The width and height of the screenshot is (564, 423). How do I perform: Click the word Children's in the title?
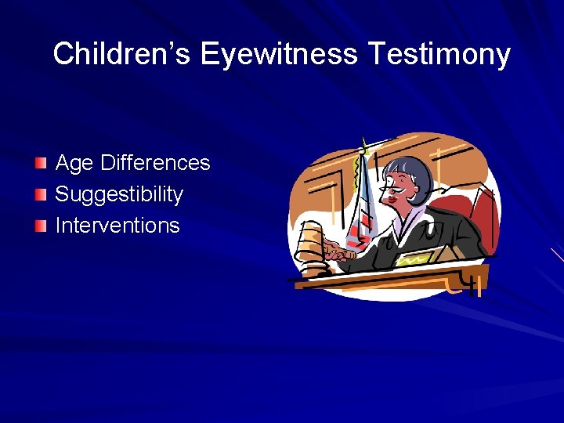click(122, 54)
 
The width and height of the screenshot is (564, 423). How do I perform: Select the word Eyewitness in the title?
click(279, 54)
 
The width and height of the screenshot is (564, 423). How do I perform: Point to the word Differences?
click(155, 163)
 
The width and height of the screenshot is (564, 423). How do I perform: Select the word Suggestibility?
click(119, 194)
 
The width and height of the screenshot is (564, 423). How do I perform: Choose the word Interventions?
click(117, 226)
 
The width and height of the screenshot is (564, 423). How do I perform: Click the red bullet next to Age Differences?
click(41, 164)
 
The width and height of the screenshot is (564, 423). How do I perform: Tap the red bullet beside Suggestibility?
click(41, 195)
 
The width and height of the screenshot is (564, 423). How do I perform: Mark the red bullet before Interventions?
click(41, 226)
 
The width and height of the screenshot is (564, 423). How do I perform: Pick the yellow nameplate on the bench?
click(419, 256)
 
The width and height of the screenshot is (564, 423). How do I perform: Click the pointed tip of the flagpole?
click(363, 142)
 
